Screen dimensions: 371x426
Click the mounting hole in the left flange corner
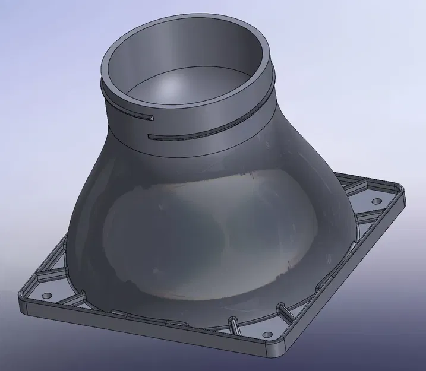48,294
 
